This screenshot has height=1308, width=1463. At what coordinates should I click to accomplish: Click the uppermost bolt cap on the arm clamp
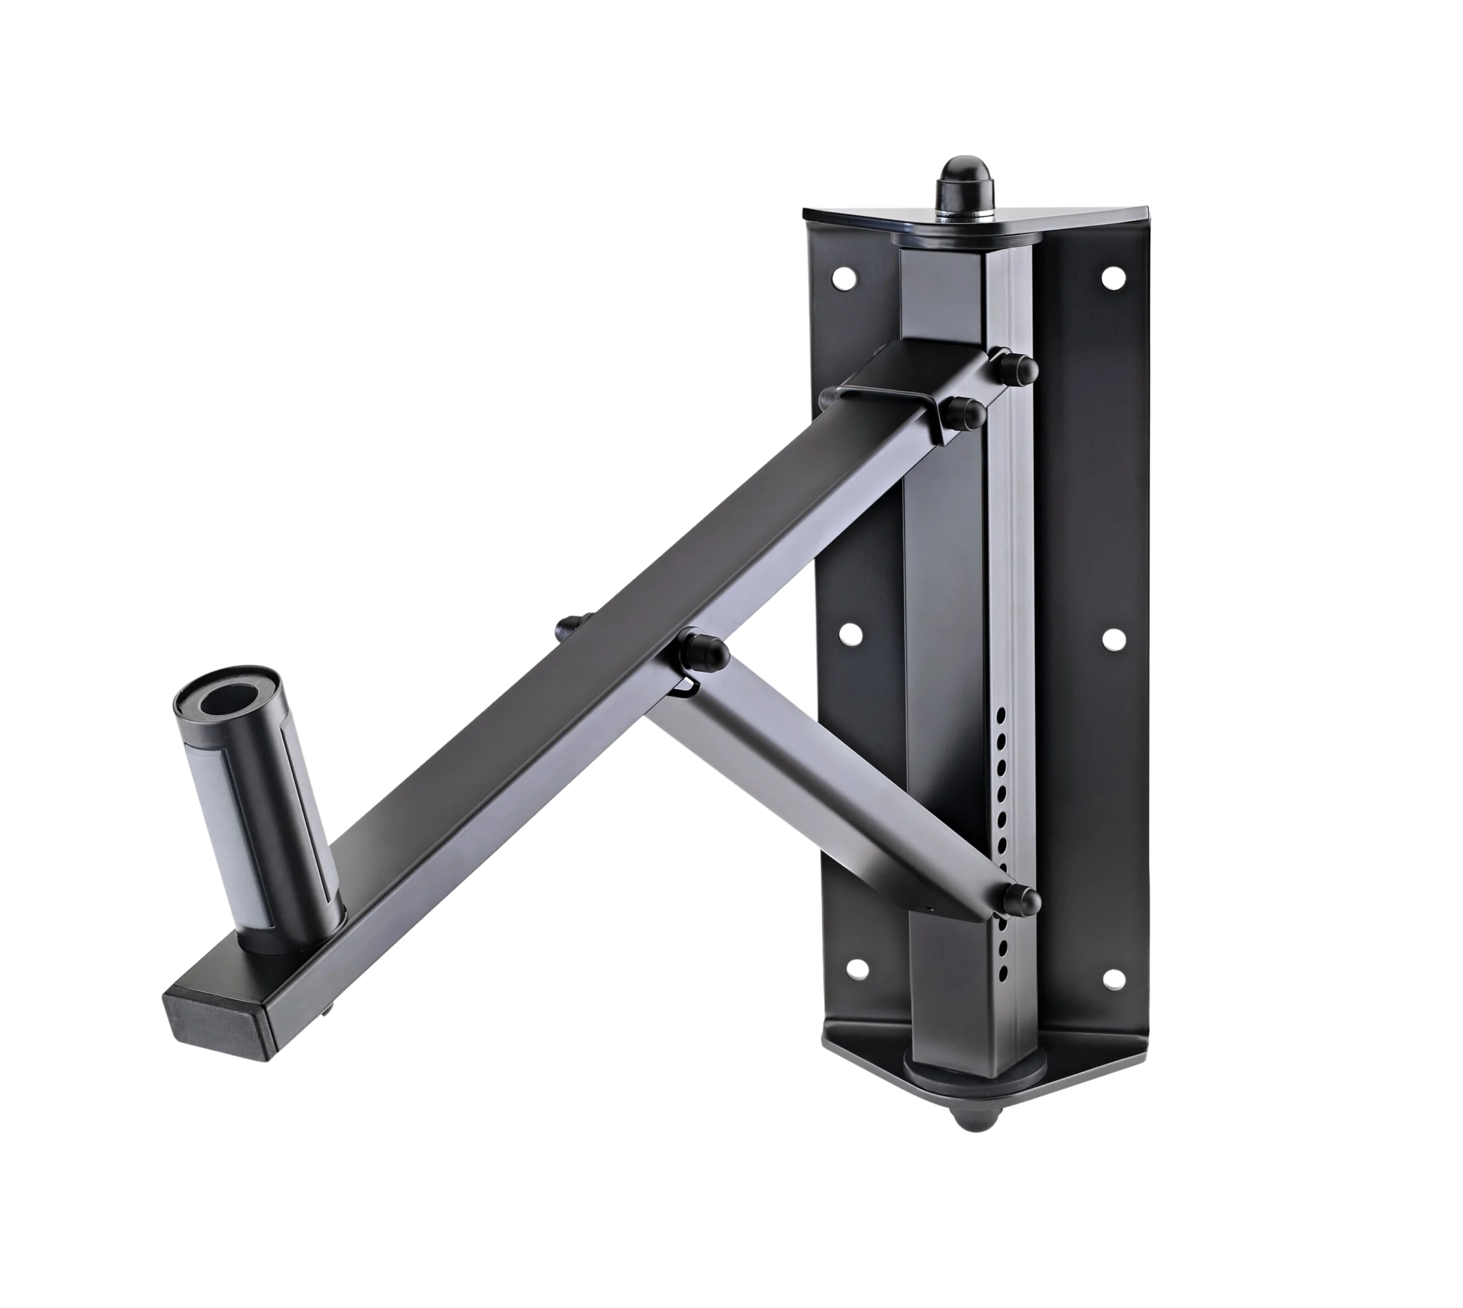point(1018,366)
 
